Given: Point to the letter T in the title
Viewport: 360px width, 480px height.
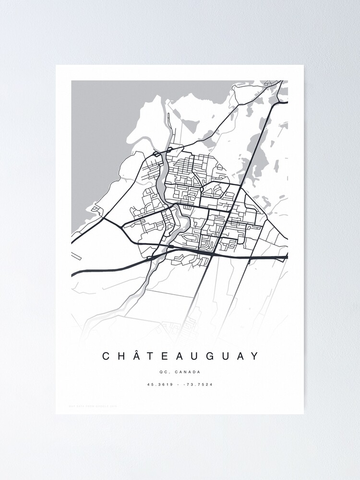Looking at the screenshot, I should pos(152,356).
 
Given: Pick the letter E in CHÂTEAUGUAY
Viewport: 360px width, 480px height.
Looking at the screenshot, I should pos(166,356).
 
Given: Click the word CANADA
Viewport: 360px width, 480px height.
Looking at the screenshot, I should pos(188,372).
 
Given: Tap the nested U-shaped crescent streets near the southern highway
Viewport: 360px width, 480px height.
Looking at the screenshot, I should pos(206,244).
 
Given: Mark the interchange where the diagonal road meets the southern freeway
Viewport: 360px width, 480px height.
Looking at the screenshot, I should pos(211,255).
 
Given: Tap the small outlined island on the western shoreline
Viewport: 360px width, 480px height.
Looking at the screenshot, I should pos(96,208).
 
